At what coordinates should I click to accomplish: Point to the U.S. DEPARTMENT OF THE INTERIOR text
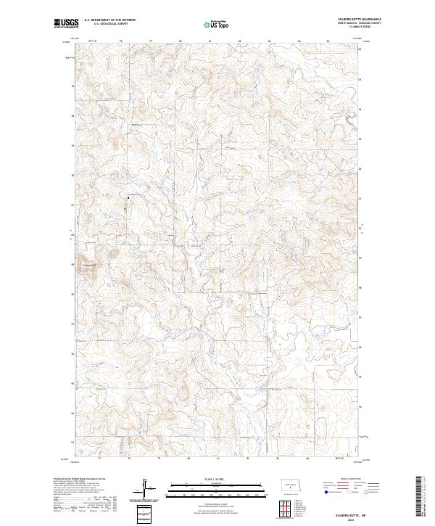pyautogui.click(x=110, y=20)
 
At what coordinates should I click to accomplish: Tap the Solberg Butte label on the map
pyautogui.click(x=89, y=265)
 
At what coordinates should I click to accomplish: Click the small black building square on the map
pyautogui.click(x=128, y=197)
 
